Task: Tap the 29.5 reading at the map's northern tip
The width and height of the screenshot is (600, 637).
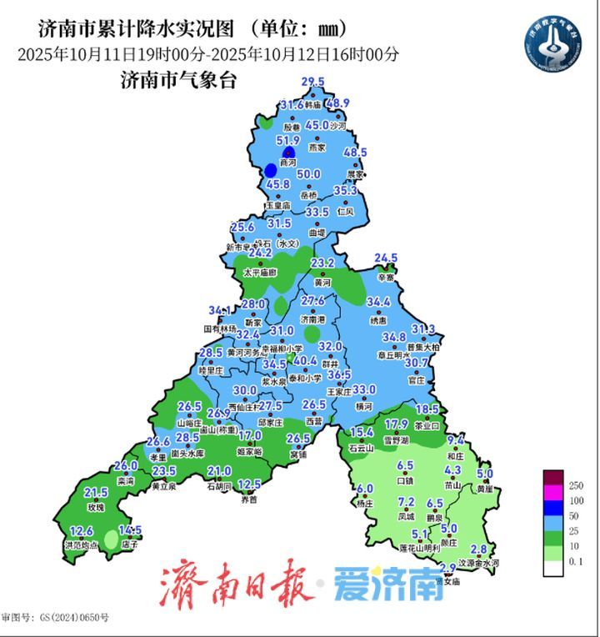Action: [x=312, y=81]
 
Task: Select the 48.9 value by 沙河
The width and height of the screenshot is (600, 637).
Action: [x=337, y=103]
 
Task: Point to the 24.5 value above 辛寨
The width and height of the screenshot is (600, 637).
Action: [x=386, y=258]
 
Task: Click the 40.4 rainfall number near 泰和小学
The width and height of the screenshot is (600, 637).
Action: [x=306, y=361]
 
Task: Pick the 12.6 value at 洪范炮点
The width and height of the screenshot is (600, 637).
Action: [x=81, y=531]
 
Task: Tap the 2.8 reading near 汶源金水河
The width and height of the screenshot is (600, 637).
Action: [x=478, y=549]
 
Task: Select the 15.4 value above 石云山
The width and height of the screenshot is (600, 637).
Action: [x=360, y=432]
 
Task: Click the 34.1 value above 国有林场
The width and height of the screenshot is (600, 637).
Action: [x=220, y=311]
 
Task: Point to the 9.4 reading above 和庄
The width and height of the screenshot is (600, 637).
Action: [x=455, y=439]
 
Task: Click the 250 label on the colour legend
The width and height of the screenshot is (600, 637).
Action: [x=574, y=486]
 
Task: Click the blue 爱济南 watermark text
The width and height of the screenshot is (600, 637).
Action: [x=388, y=586]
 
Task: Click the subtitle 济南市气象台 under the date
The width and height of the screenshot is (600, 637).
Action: [x=178, y=81]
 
